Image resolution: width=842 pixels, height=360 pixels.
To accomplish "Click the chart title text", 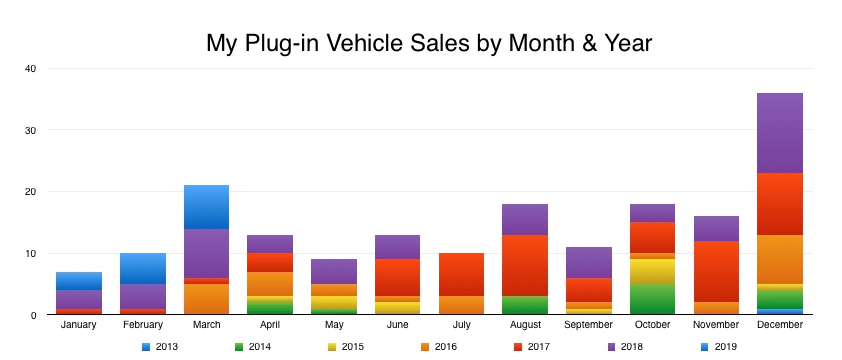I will click(428, 43).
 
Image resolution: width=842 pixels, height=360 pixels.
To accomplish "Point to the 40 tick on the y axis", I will click(30, 69).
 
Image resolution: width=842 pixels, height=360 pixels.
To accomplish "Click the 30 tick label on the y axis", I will click(30, 130).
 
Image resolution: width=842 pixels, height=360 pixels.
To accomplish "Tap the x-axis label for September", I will click(587, 325).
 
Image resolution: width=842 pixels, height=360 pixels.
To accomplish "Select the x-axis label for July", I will click(461, 325).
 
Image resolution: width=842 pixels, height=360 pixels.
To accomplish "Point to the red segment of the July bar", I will click(461, 274).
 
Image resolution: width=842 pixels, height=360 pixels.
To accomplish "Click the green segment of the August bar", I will click(524, 305).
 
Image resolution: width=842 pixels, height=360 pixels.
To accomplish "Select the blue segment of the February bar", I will click(144, 269).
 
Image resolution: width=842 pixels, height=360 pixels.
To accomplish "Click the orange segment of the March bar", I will click(207, 299).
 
